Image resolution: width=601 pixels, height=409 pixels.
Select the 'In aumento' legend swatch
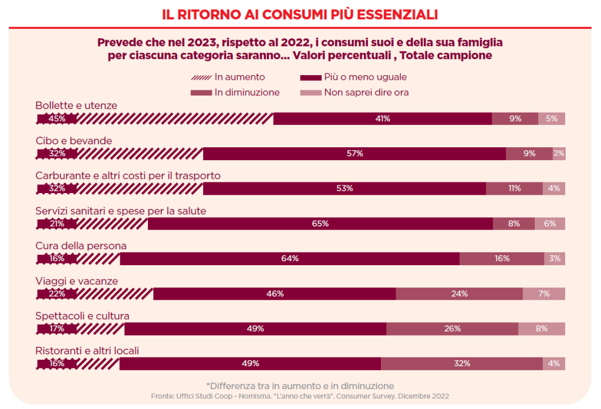click(201, 77)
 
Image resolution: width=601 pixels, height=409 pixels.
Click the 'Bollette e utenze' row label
click(76, 106)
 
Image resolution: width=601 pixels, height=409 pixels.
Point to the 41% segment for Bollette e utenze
click(383, 119)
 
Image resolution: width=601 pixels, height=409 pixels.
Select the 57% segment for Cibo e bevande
click(354, 154)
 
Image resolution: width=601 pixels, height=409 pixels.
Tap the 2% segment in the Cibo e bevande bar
click(559, 154)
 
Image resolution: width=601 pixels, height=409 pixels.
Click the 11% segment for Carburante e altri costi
click(515, 188)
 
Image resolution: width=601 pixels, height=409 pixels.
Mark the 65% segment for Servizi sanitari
click(320, 224)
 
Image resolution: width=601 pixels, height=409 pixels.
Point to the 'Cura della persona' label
click(81, 246)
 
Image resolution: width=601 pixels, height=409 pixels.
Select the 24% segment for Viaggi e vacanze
click(459, 293)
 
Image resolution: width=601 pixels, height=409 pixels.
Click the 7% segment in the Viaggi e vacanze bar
click(544, 293)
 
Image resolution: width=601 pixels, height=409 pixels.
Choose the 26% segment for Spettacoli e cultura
click(452, 329)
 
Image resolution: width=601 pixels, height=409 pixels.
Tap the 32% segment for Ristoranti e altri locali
click(461, 364)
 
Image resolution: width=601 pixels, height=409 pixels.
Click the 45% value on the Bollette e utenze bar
click(57, 119)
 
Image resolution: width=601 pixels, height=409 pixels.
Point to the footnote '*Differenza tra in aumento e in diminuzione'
click(300, 386)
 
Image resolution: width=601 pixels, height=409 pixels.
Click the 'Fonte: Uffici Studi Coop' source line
click(300, 396)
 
